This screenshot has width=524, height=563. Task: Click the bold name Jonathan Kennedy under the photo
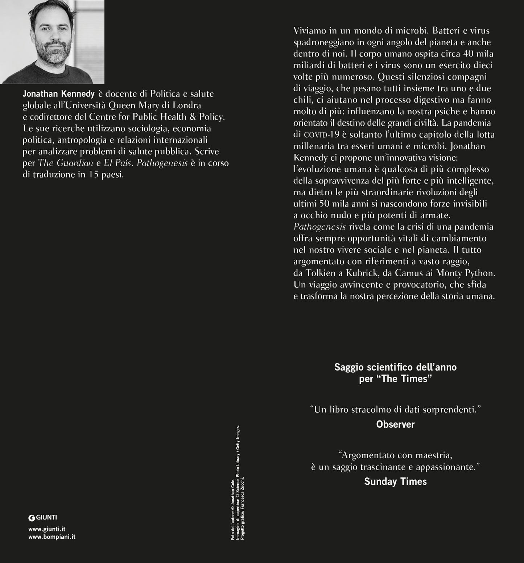(x=58, y=94)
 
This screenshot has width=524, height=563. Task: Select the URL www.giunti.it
(x=47, y=529)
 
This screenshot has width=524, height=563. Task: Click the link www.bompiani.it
(x=52, y=537)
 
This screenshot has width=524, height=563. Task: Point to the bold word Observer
(x=395, y=424)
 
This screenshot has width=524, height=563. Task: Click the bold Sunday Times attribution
(x=395, y=481)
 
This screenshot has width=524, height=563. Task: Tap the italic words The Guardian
(x=66, y=163)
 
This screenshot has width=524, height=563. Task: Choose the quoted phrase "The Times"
(x=408, y=379)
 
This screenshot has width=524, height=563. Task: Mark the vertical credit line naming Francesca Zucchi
(x=243, y=508)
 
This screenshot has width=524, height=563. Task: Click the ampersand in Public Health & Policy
(x=192, y=117)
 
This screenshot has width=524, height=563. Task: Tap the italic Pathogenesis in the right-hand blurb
(x=319, y=227)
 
